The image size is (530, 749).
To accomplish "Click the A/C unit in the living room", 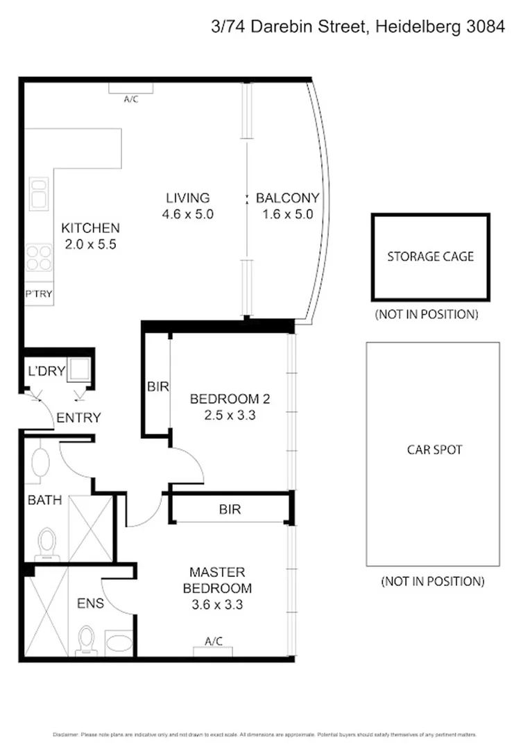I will pos(130,88).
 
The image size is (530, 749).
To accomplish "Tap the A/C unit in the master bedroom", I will pos(213,650).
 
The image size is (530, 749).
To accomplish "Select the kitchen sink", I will pos(37,193).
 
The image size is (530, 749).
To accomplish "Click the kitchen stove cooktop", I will pos(38,258).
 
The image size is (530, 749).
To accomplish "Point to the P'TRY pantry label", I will pos(39,293).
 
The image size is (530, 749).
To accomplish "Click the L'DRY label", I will pos(46,371).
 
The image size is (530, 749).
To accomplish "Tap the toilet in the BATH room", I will pos(46,540).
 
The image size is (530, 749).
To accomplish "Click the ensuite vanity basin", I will pos(117,640).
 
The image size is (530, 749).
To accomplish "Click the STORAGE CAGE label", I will pos(430,257).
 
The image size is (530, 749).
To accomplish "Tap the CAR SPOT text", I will pos(434,449).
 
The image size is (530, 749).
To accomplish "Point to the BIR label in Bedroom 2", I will pos(157,387).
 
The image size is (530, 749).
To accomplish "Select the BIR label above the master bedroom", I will pos(230,509).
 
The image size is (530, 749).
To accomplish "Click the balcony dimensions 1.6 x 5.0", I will pos(287,214).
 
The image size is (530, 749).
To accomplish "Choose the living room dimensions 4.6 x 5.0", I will pos(187,214).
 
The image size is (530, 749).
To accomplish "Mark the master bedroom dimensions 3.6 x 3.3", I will pos(217,603).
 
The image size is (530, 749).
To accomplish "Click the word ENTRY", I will pos(78,418).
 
